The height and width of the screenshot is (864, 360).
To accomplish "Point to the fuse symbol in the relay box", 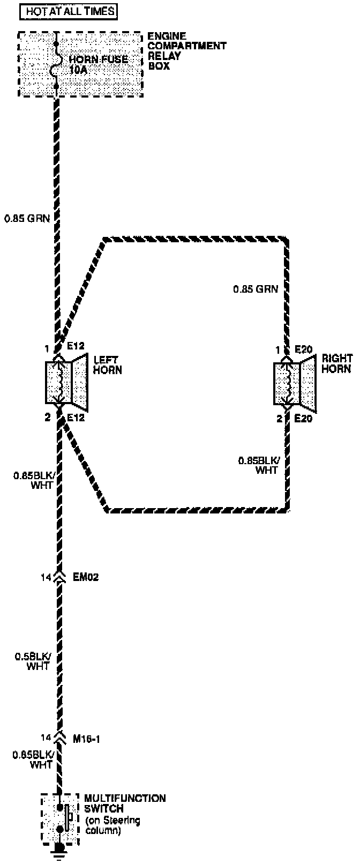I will (x=56, y=65).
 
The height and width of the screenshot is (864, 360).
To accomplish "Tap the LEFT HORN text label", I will (x=107, y=365).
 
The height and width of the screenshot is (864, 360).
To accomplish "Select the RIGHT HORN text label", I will (x=336, y=364).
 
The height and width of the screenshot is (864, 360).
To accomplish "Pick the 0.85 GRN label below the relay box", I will (x=27, y=218).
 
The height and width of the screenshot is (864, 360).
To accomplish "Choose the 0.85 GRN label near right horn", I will (x=256, y=289).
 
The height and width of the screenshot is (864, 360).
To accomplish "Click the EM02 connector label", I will (x=86, y=577).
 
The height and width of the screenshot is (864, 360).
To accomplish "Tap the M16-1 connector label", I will (x=86, y=739).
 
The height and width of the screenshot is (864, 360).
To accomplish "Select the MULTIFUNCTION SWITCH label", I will (x=124, y=803).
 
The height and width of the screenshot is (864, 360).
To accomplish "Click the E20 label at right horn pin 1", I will (x=303, y=350).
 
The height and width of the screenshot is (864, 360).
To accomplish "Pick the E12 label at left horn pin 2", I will (x=76, y=418).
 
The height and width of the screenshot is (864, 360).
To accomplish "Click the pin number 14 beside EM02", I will (x=46, y=577).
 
